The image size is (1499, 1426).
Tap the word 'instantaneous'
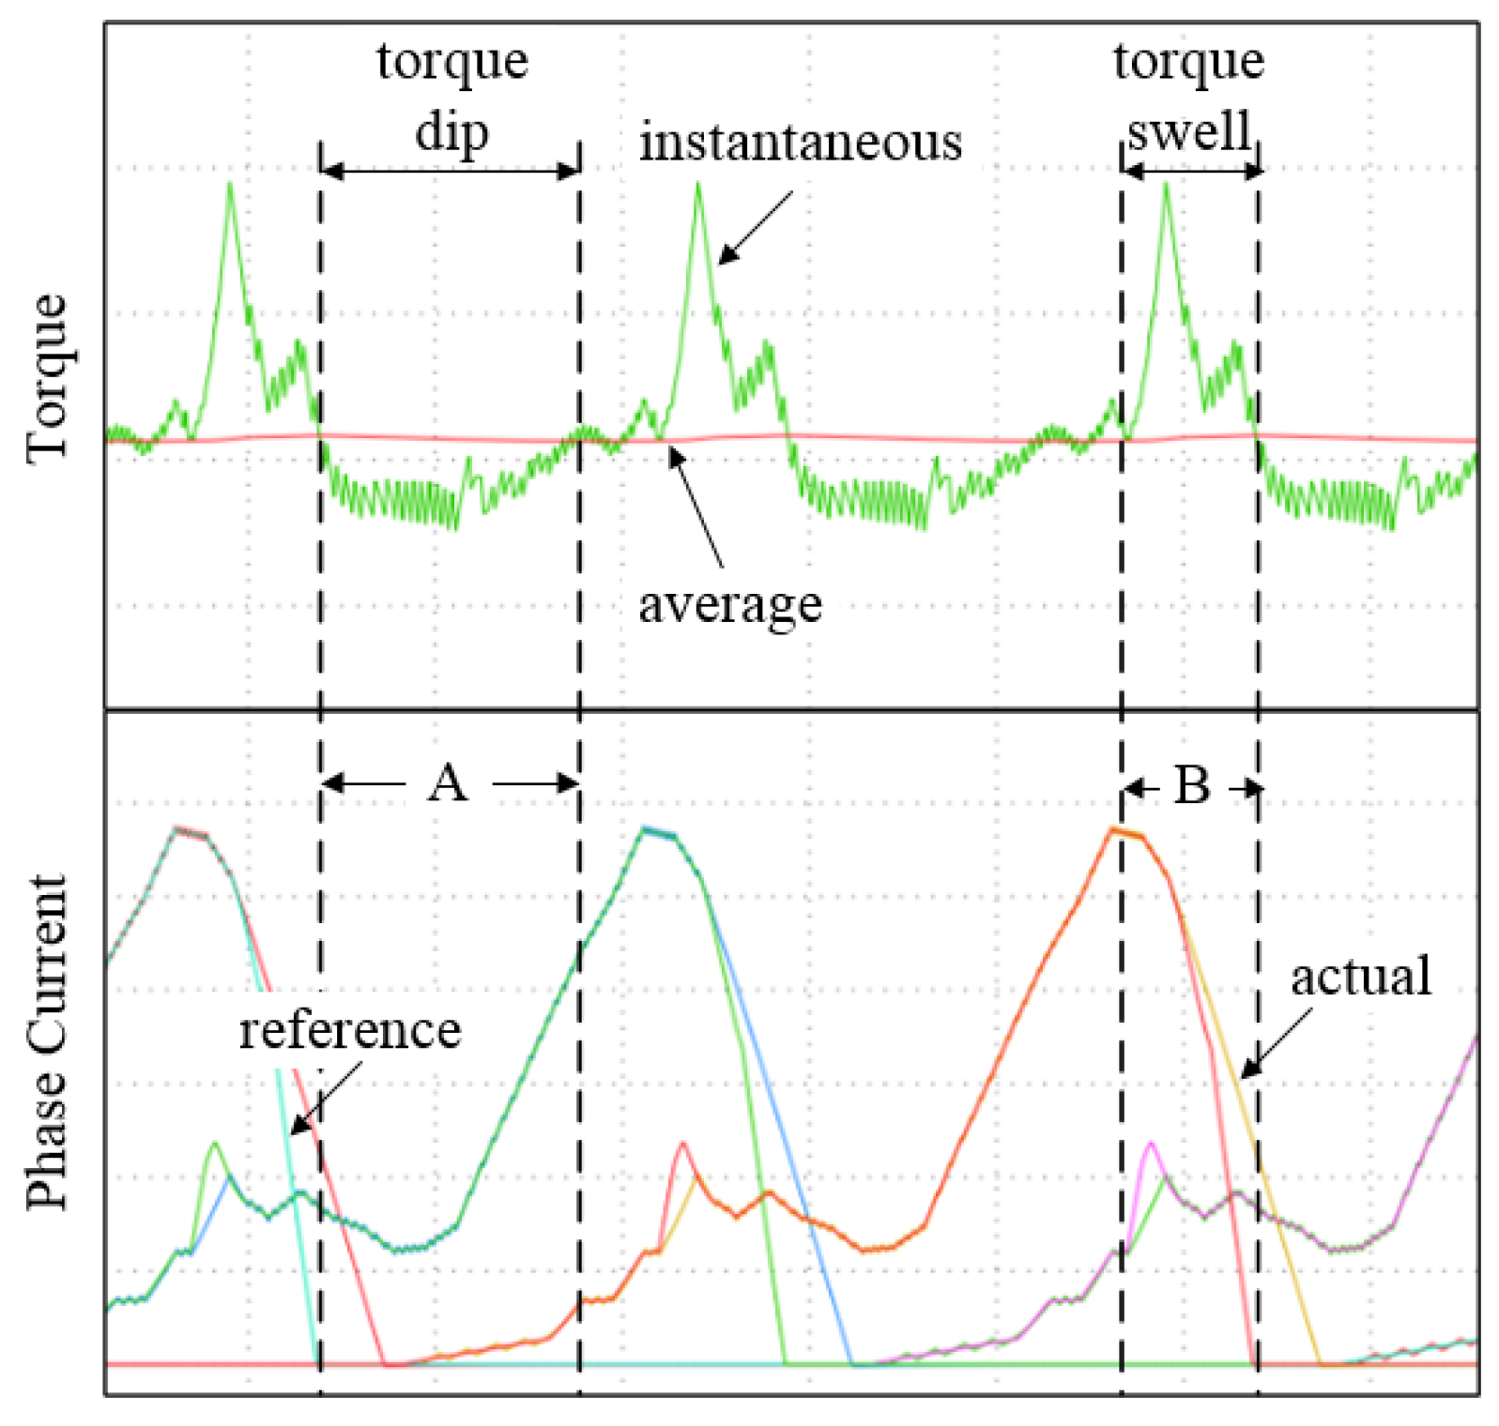(800, 144)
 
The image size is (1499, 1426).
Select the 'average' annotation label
(729, 604)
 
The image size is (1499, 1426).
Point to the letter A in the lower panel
(448, 782)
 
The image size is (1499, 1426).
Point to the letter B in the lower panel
(1192, 785)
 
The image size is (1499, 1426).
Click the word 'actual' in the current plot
(1360, 977)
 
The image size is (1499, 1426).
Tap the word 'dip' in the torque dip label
(451, 132)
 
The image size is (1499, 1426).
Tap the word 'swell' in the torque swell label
(1189, 131)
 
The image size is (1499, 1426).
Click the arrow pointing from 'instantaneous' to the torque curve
(756, 228)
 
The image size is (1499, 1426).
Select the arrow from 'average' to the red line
(696, 507)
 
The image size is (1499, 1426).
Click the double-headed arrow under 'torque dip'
(450, 171)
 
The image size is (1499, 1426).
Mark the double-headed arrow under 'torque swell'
(1190, 171)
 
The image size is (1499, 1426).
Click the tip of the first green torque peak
(230, 184)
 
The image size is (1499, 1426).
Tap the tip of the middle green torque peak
(697, 184)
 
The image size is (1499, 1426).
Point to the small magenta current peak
(1150, 1144)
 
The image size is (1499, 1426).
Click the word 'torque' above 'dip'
(451, 62)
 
